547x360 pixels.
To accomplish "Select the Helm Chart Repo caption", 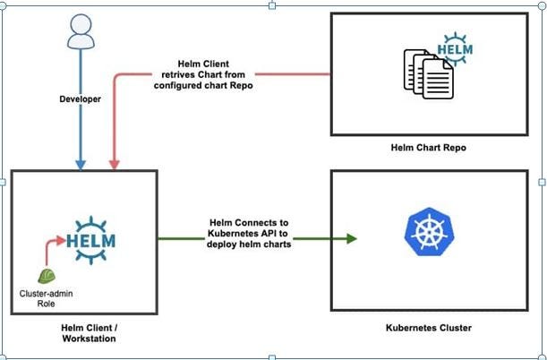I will [x=428, y=146].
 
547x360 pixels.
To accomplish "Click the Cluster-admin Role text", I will [x=44, y=297].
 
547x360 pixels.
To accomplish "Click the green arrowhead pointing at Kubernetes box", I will [x=352, y=238].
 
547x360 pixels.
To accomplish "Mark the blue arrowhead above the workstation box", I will [x=80, y=163].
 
